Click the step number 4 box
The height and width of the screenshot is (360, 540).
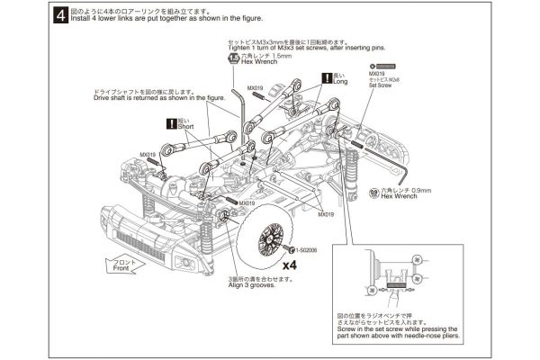[x=59, y=16]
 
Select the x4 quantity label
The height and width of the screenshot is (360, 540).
[x=289, y=265]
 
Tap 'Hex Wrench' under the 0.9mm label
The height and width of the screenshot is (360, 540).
[x=400, y=196]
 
